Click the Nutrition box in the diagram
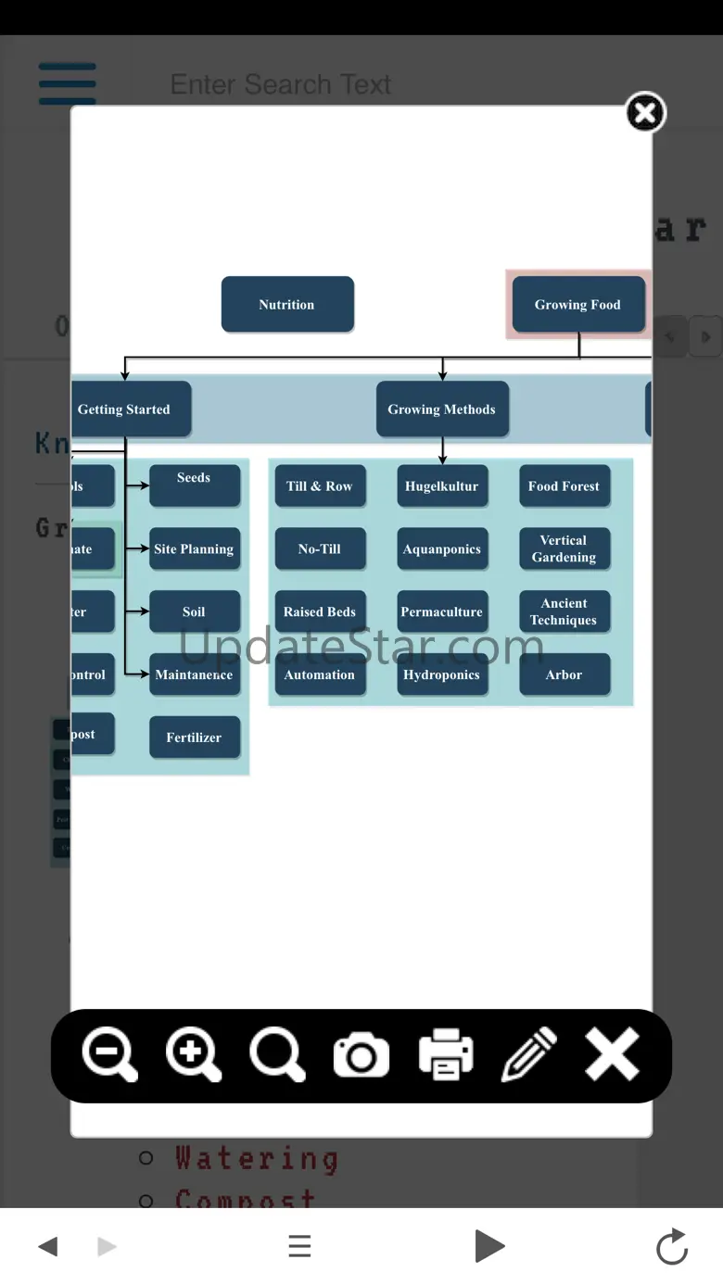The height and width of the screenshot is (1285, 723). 287,304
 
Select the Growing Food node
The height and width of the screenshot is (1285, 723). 577,304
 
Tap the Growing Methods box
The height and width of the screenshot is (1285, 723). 442,409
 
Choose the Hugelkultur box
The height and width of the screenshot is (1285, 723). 442,486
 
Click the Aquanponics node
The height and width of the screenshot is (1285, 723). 442,549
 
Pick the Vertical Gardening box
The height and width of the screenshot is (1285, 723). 564,548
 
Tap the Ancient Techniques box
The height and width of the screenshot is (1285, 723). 564,611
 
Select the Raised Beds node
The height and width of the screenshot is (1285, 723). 320,611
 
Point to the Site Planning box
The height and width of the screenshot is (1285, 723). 194,549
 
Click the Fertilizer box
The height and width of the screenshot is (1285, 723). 194,737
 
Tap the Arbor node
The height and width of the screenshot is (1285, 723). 564,674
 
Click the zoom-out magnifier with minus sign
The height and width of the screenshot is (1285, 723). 109,1055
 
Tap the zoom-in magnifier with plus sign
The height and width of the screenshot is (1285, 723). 193,1055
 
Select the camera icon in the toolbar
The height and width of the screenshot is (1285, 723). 361,1056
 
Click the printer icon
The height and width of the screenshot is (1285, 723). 446,1055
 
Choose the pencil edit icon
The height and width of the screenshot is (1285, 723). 528,1055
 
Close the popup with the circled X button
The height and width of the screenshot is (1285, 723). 645,113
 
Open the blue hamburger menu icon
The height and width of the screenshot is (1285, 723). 68,83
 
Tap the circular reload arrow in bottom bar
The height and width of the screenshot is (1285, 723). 672,1246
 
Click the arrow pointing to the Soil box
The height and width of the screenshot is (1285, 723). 139,611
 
